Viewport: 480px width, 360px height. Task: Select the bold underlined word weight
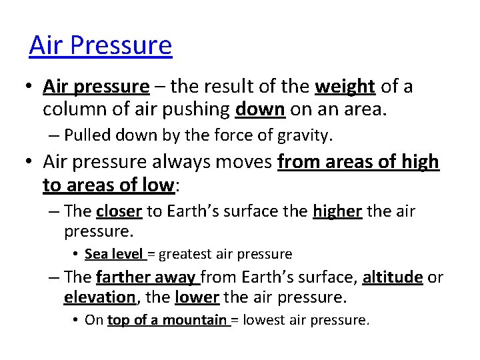[x=345, y=87]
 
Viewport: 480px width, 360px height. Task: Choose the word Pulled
[x=87, y=135]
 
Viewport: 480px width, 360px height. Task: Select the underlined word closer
[x=119, y=211]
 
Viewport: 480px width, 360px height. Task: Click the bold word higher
[x=337, y=211]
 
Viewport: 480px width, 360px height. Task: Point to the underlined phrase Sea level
[x=114, y=254]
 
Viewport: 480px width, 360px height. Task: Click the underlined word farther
[x=124, y=277]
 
